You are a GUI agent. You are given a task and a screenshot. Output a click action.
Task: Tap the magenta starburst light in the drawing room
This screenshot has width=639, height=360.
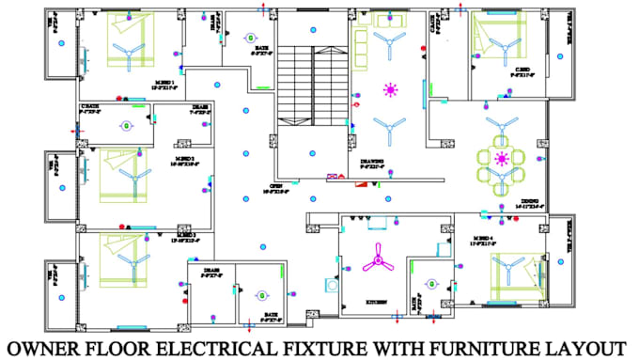click(x=389, y=90)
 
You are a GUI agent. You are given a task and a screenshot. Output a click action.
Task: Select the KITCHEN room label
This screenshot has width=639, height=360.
click(x=378, y=303)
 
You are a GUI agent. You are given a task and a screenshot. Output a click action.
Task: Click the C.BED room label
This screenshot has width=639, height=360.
click(x=522, y=69)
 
